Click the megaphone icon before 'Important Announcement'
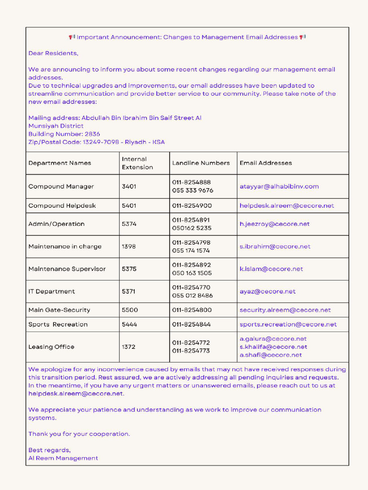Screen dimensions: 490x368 pyautogui.click(x=72, y=37)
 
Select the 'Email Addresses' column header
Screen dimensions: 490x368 pyautogui.click(x=265, y=163)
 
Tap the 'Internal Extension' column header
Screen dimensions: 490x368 pyautogui.click(x=138, y=163)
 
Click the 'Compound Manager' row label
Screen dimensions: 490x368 pyautogui.click(x=61, y=187)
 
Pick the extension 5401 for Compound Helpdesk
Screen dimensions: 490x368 pyautogui.click(x=129, y=206)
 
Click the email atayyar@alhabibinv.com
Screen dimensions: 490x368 pyautogui.click(x=279, y=187)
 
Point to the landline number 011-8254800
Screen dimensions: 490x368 pyautogui.click(x=192, y=310)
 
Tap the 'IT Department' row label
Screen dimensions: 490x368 pyautogui.click(x=52, y=291)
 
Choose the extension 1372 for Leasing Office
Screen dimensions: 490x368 pyautogui.click(x=128, y=347)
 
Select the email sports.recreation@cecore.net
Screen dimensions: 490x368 pyautogui.click(x=288, y=324)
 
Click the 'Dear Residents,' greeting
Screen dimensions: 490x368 pyautogui.click(x=53, y=53)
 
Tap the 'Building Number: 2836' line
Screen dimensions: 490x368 pyautogui.click(x=64, y=134)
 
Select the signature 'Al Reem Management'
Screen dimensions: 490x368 pyautogui.click(x=63, y=458)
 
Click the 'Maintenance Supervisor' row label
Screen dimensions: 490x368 pyautogui.click(x=67, y=269)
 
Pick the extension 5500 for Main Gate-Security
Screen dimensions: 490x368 pyautogui.click(x=129, y=310)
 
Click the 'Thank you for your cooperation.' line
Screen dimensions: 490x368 pyautogui.click(x=79, y=434)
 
